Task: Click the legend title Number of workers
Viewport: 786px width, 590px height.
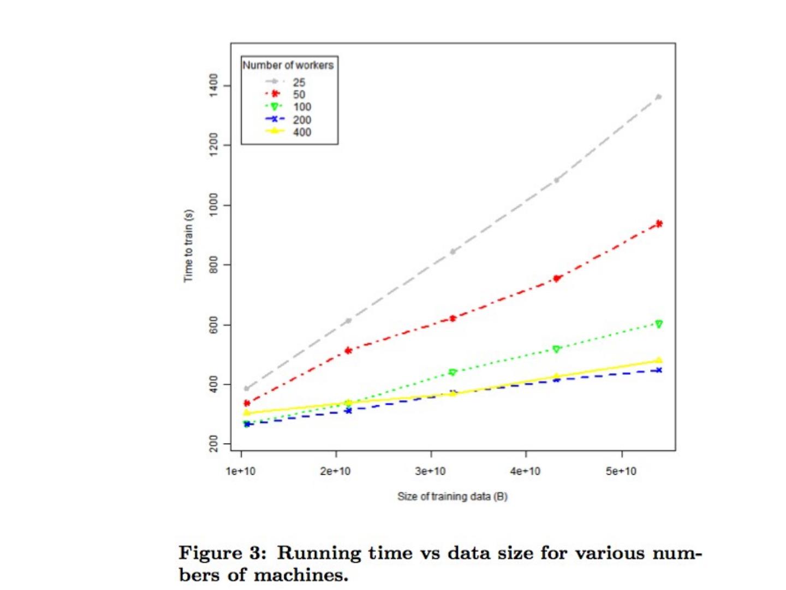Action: pos(288,65)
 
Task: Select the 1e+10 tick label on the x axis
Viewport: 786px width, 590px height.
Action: pos(240,471)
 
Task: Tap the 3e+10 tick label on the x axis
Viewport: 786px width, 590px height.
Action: pos(430,471)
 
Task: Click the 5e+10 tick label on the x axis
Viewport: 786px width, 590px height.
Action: pos(621,471)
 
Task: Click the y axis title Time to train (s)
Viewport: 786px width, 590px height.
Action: pos(188,245)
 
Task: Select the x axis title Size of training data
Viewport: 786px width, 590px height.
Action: pos(452,497)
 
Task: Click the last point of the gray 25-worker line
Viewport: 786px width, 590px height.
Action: pos(659,97)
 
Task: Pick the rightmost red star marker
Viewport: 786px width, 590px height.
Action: pos(659,223)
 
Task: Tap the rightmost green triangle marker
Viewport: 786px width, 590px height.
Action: pos(659,324)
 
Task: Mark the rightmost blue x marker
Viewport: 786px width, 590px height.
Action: pos(659,370)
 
